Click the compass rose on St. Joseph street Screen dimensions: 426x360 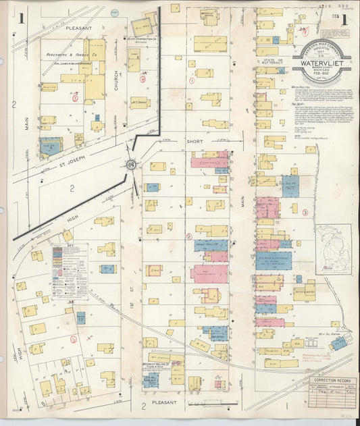tap(130, 164)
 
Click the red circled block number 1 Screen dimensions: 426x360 tap(192, 80)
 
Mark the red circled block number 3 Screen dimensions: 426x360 tap(305, 212)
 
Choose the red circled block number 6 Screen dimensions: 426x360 tap(143, 78)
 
